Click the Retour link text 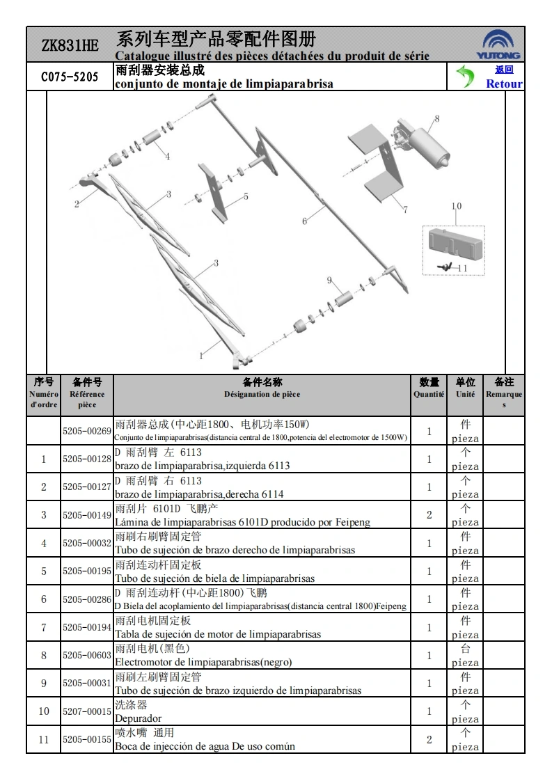[504, 84]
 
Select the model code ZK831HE [70, 46]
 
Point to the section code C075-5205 [70, 77]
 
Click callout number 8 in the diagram [437, 118]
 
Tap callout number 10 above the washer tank [456, 206]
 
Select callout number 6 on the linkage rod [304, 221]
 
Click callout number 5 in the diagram [246, 197]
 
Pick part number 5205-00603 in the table [87, 655]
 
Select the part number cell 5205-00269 [87, 431]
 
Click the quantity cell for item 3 [429, 515]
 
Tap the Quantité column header [429, 394]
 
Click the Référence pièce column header [87, 399]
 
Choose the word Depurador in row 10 [138, 718]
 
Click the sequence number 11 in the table [44, 739]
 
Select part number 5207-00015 [87, 711]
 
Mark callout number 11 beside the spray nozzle [462, 268]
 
